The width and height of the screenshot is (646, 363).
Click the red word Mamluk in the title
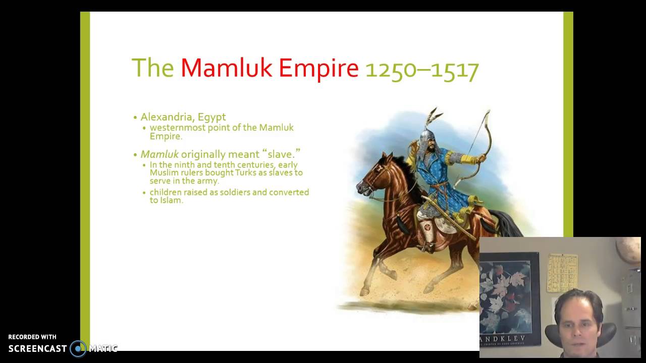tap(227, 68)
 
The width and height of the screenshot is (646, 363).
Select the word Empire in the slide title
tap(318, 68)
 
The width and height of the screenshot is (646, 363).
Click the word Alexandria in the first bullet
tap(166, 117)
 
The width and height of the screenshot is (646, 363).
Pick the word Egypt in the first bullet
tap(211, 117)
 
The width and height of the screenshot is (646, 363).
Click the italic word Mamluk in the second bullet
tap(159, 154)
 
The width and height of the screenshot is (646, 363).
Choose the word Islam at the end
tap(171, 200)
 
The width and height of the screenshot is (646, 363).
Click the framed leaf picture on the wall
tap(509, 297)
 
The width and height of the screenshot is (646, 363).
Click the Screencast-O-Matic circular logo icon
tap(78, 348)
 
